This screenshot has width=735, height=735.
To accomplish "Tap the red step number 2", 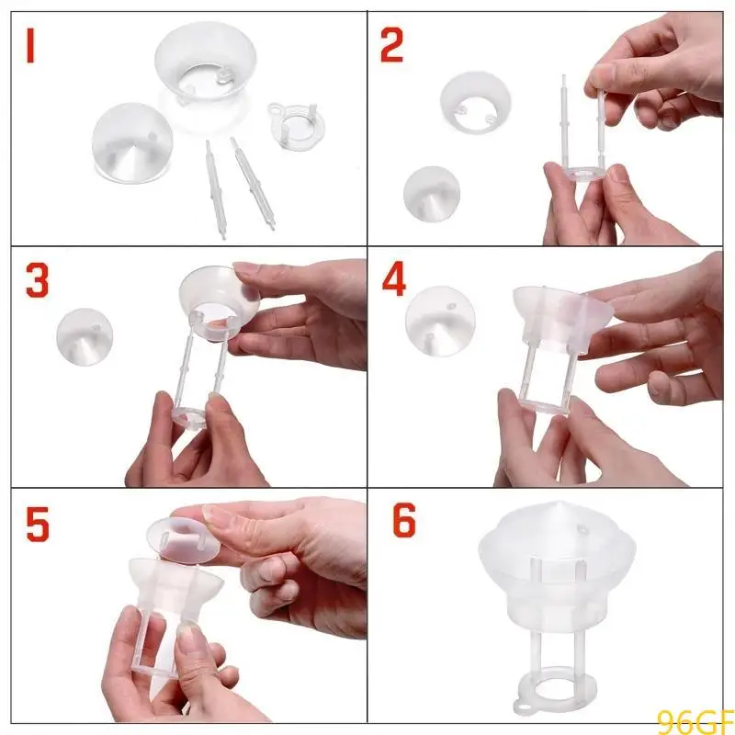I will pos(392,45).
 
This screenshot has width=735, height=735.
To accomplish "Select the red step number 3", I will pos(37,282).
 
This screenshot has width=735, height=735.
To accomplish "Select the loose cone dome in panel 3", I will pos(92,336).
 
